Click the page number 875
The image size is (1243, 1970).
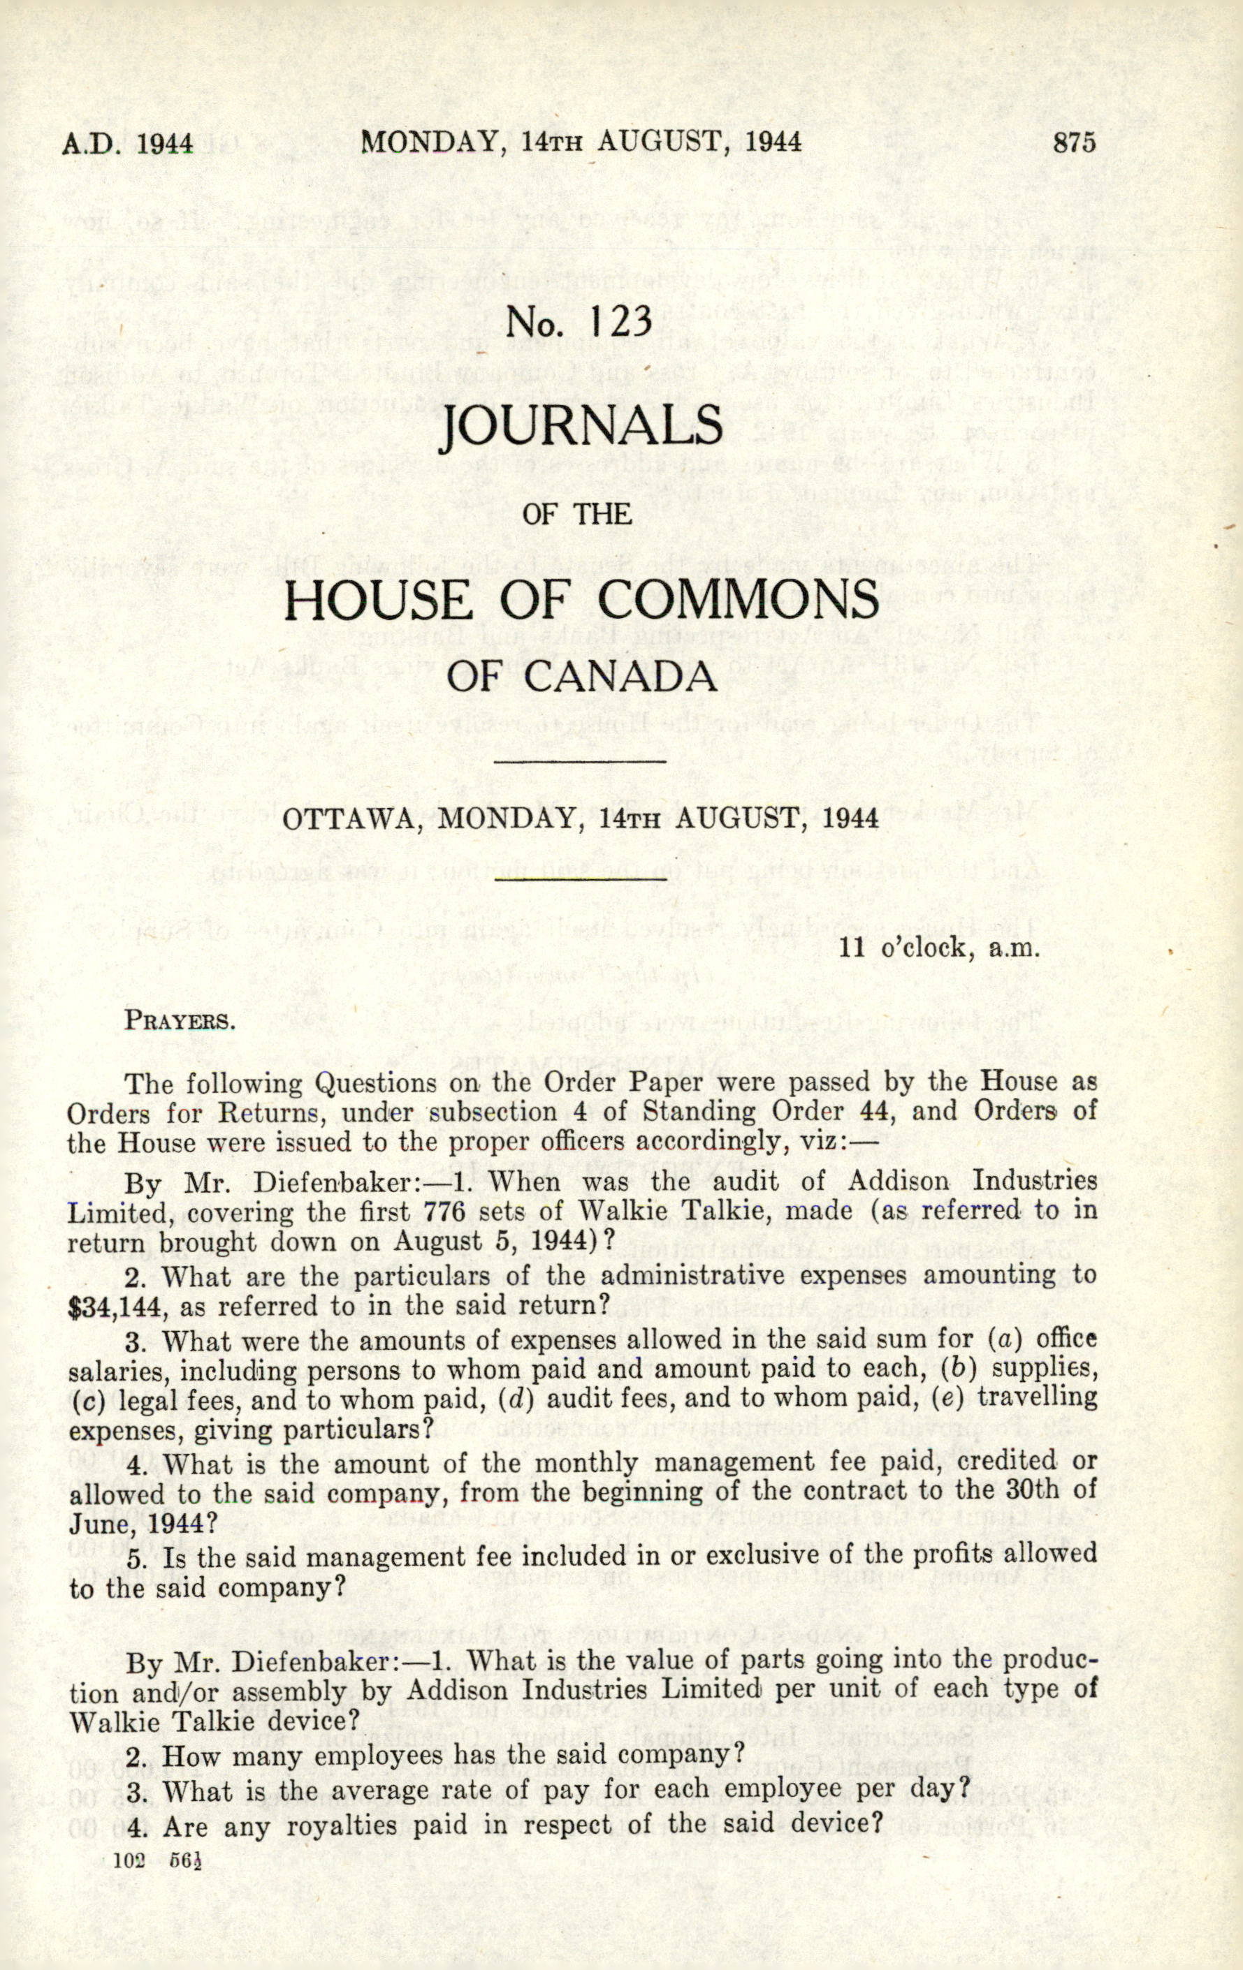coord(1074,143)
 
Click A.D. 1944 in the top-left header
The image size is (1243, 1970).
coord(128,144)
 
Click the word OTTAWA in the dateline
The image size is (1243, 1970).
coord(344,818)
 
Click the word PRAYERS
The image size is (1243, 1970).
coord(179,1022)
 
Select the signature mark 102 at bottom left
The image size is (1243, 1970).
coord(129,1858)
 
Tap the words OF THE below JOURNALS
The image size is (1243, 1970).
coord(578,514)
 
